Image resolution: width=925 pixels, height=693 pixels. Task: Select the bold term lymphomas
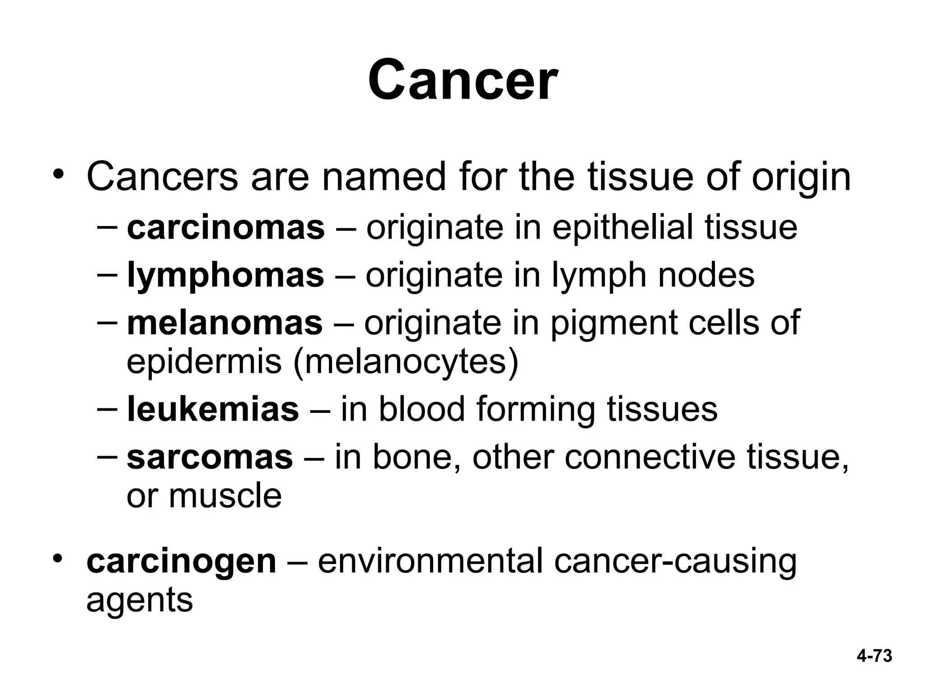tap(225, 275)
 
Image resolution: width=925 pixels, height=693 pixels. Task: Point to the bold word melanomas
tap(225, 323)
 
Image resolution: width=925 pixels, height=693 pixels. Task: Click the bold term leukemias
tap(213, 409)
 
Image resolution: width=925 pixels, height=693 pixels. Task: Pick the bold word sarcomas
tap(210, 457)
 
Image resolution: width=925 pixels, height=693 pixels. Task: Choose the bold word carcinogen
tap(181, 561)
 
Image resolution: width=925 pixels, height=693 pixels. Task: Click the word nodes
tap(706, 275)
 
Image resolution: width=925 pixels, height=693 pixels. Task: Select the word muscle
tap(225, 496)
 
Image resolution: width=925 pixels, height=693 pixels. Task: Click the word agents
tap(140, 601)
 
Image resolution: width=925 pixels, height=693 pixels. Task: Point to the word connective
tap(650, 457)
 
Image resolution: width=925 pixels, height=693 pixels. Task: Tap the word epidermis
tap(204, 362)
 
